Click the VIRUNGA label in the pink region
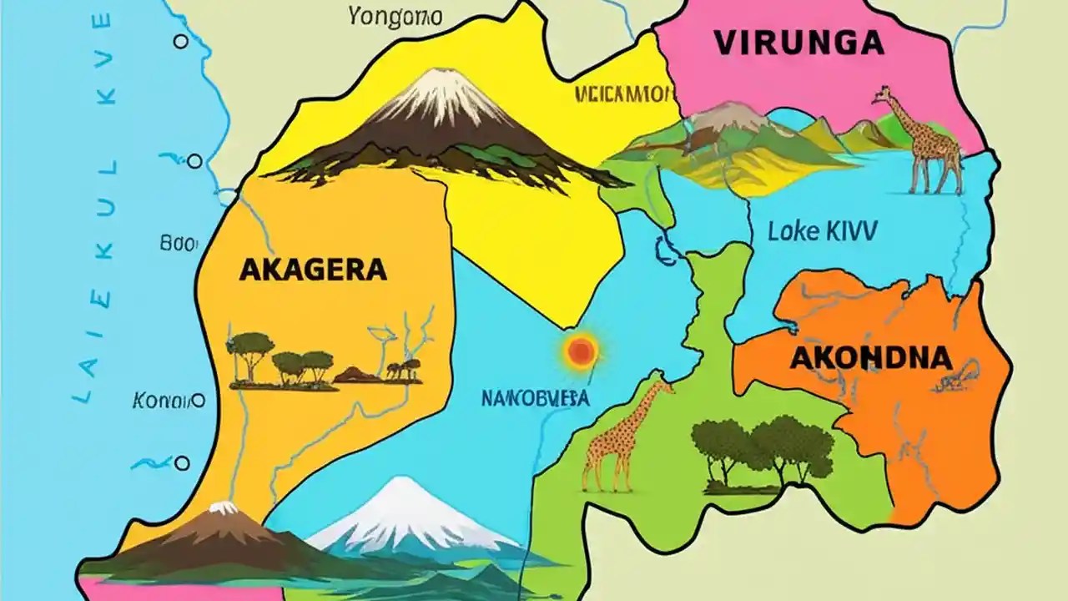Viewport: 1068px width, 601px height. click(x=798, y=43)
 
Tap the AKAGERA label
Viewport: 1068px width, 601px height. click(x=313, y=270)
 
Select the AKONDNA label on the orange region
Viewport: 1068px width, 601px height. click(x=869, y=358)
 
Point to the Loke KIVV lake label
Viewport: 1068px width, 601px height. click(x=822, y=231)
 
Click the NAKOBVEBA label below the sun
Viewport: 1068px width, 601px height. click(x=535, y=398)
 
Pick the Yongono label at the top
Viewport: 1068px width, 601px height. click(x=385, y=15)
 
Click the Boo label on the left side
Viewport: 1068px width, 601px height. click(x=177, y=244)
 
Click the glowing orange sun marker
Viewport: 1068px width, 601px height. click(x=581, y=351)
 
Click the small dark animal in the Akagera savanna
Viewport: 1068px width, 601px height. click(x=402, y=370)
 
